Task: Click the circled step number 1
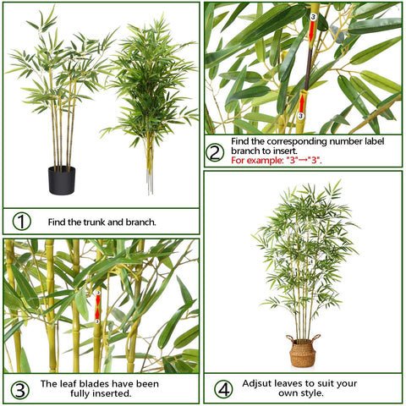tap(21, 222)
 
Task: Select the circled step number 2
tap(215, 153)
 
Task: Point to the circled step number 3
tap(19, 390)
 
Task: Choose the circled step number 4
tap(223, 389)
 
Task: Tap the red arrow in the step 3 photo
tap(97, 306)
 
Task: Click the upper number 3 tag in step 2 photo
tap(312, 16)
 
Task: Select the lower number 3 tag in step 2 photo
tap(300, 116)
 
